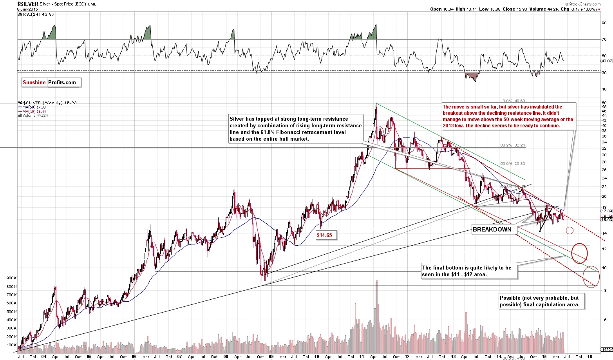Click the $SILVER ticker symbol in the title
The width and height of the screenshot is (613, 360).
(x=28, y=4)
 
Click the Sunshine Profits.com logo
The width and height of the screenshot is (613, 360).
(x=51, y=82)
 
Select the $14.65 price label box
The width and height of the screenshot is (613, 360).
(x=324, y=235)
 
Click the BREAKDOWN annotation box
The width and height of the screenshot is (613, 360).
(x=492, y=230)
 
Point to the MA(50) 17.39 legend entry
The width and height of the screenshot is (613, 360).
(x=31, y=107)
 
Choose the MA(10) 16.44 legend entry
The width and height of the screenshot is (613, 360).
(x=31, y=111)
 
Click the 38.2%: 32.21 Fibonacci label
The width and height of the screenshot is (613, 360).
(x=512, y=145)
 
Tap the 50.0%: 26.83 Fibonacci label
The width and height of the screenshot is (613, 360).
(x=512, y=164)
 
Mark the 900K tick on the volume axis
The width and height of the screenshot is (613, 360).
(x=11, y=278)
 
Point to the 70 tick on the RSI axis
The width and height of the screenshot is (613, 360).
(x=604, y=40)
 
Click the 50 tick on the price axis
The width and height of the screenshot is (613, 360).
(x=604, y=103)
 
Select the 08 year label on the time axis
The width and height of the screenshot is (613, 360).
(x=225, y=357)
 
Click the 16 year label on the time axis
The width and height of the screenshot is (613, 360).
(x=590, y=357)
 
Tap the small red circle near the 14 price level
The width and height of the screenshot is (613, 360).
(x=570, y=231)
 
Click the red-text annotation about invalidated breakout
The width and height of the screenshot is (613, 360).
(x=508, y=116)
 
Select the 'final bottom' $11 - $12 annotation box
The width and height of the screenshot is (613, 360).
(x=469, y=271)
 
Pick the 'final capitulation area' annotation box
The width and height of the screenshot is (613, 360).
(x=542, y=301)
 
